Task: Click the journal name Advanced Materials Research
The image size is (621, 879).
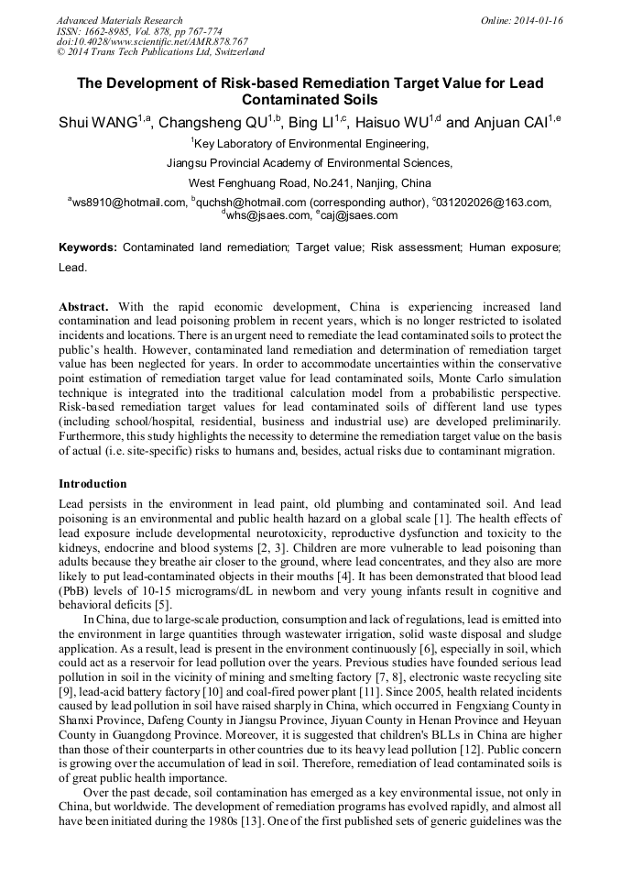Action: (x=119, y=20)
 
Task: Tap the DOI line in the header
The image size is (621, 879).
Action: (x=152, y=42)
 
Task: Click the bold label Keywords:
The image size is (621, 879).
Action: (x=88, y=248)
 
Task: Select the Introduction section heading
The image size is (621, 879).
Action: (x=93, y=484)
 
